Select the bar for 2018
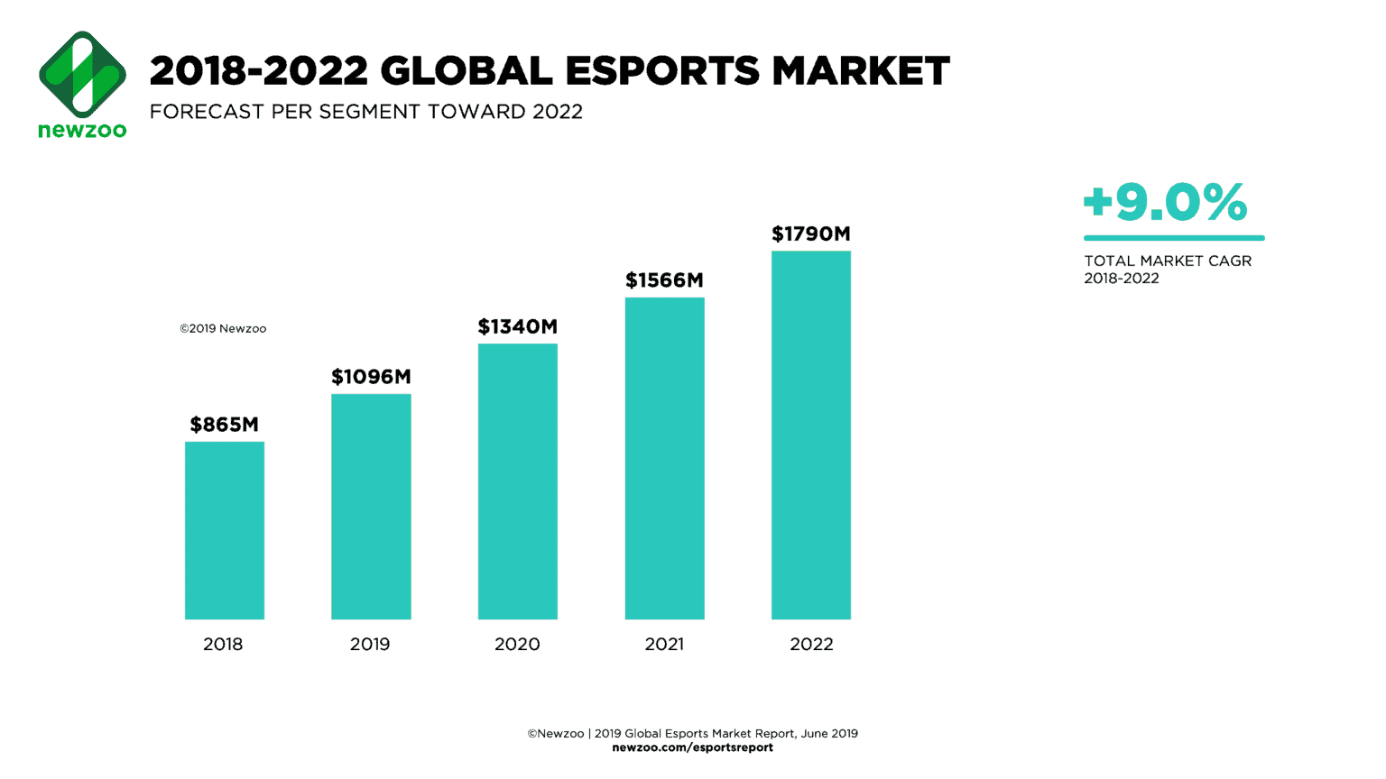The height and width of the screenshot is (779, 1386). [224, 530]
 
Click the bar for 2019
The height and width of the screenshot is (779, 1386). [371, 506]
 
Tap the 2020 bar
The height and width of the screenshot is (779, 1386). [517, 481]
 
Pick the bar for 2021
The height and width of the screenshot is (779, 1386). [664, 458]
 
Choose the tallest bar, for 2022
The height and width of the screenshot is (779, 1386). [810, 435]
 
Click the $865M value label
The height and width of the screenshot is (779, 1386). [224, 424]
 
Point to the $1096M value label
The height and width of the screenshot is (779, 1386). [371, 376]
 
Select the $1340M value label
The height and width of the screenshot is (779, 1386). [517, 326]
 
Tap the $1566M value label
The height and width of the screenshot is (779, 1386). [664, 280]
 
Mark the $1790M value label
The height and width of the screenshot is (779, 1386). [810, 234]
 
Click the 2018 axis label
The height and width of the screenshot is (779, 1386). [223, 644]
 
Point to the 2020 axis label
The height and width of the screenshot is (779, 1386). [517, 644]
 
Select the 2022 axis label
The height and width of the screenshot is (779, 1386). [811, 644]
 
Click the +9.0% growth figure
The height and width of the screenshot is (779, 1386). [1165, 202]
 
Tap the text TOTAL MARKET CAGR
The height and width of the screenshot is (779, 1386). [1168, 261]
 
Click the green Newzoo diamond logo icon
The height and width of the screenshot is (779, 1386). [82, 74]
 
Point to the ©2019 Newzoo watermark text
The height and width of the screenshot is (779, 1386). [223, 328]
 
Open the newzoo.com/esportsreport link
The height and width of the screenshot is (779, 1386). [692, 747]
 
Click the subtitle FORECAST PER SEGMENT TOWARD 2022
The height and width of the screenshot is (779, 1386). [365, 112]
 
